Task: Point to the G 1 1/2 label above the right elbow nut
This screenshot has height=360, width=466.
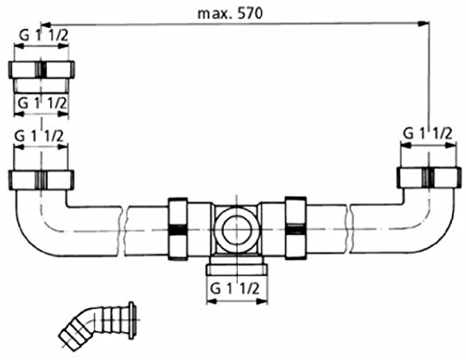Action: [428, 134]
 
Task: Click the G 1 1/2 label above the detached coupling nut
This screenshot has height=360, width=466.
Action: [41, 35]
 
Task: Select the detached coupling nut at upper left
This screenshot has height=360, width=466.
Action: [41, 71]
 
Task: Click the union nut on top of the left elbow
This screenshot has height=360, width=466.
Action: [41, 179]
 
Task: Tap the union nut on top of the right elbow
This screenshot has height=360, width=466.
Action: [428, 177]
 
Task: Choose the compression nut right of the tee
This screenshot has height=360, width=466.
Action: [295, 228]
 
